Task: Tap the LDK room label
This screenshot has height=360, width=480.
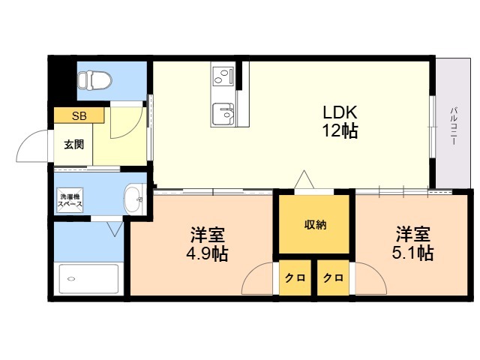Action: click(x=340, y=112)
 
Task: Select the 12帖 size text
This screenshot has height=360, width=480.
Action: click(x=340, y=131)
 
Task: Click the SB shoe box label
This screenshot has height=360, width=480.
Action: click(x=79, y=115)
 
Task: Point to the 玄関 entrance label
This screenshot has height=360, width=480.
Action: click(x=73, y=144)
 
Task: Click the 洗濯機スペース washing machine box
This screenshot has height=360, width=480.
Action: click(x=71, y=200)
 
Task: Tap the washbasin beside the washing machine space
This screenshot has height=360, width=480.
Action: click(x=133, y=199)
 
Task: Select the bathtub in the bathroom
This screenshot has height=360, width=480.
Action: click(x=88, y=279)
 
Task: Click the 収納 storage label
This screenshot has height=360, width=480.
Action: click(x=315, y=225)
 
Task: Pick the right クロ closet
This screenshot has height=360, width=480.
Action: click(x=334, y=277)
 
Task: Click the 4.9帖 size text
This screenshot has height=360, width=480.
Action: click(x=206, y=253)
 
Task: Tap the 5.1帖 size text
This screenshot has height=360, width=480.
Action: click(x=413, y=253)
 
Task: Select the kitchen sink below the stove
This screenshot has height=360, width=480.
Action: click(x=223, y=113)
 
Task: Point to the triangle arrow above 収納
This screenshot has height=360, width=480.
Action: click(x=304, y=180)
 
